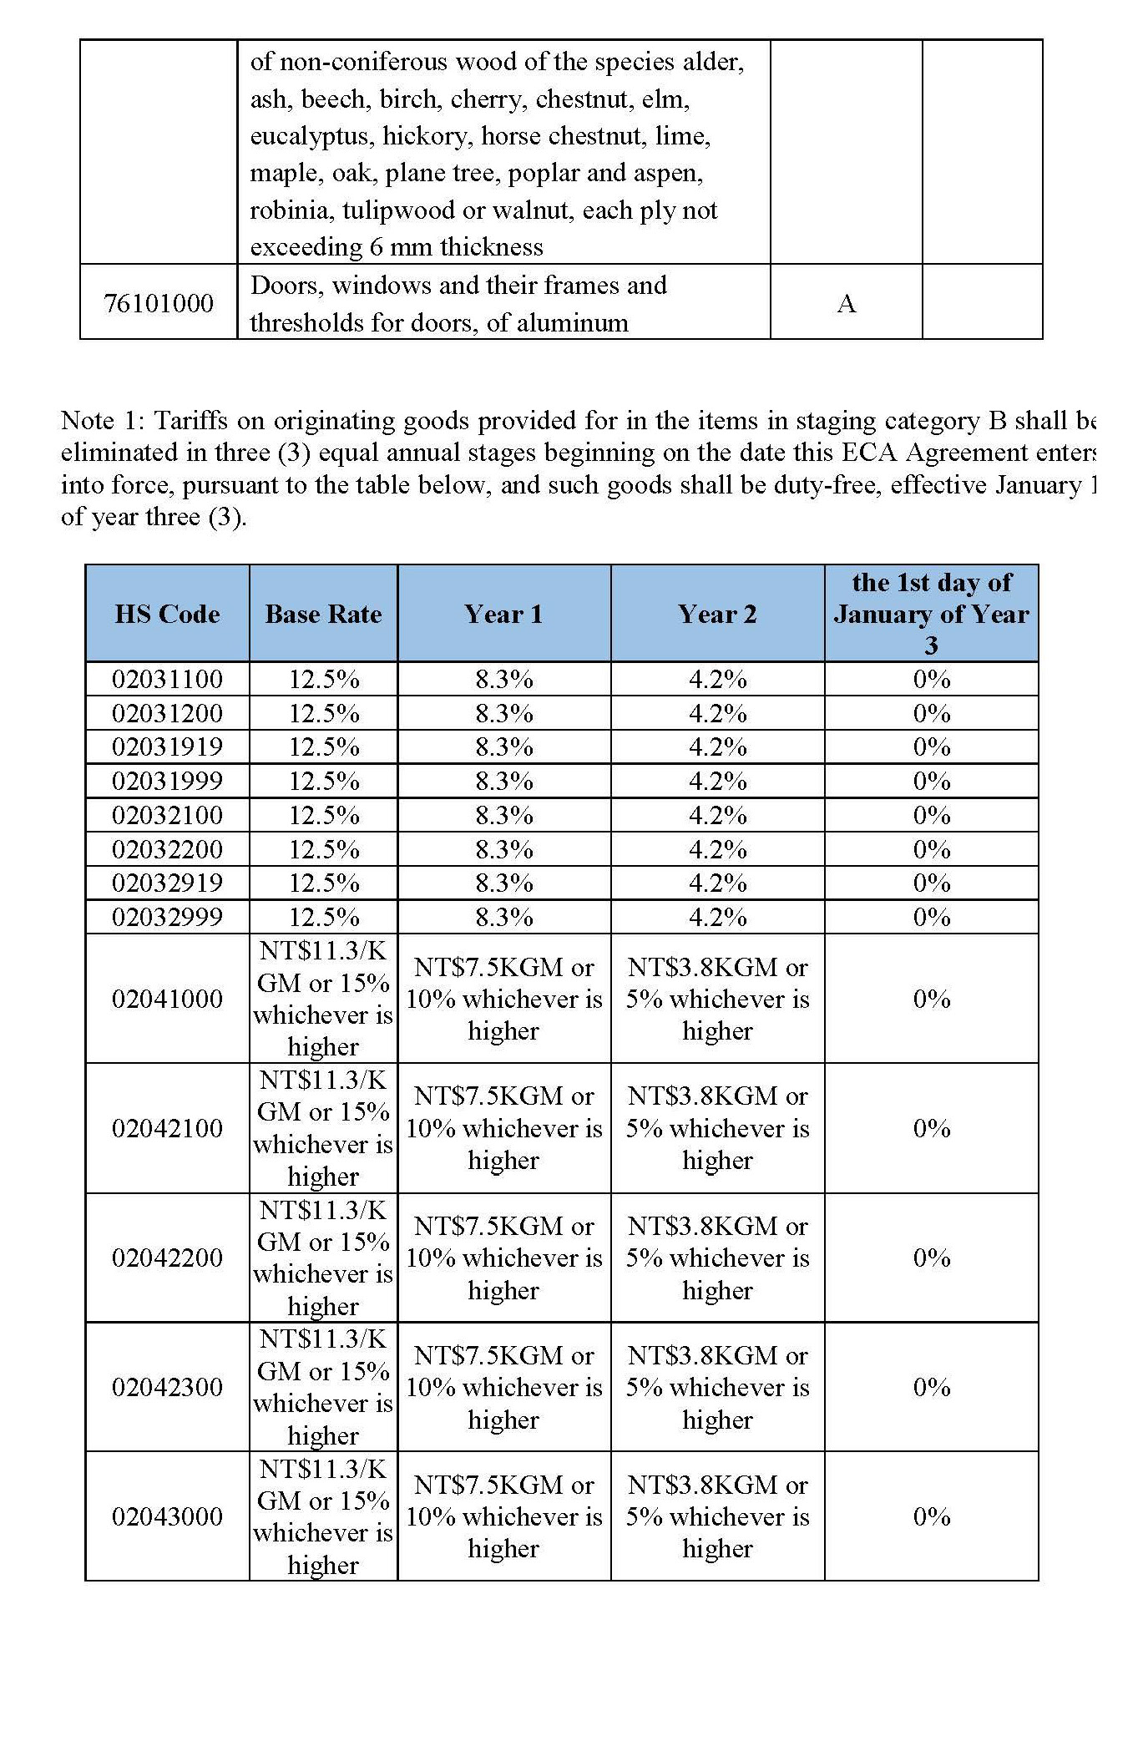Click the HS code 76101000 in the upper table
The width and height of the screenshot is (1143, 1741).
tap(159, 303)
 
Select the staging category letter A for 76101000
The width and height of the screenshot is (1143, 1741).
tap(846, 303)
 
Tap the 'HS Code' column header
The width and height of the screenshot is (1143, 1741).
tap(167, 615)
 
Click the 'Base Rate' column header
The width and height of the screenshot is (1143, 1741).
tap(323, 615)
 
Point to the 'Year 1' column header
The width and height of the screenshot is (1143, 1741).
tap(503, 615)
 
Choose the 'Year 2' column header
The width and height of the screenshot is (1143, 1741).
tap(717, 615)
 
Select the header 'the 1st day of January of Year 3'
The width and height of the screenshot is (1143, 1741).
tap(931, 614)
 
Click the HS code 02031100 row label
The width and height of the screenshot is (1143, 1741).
tap(167, 680)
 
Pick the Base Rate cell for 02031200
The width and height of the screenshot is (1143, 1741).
tap(324, 714)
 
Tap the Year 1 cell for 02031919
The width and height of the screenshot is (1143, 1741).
tap(504, 747)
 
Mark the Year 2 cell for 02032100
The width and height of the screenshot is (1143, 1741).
tap(717, 816)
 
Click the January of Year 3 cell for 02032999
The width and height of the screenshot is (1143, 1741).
tap(932, 918)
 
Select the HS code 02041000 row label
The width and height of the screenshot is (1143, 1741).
tap(167, 999)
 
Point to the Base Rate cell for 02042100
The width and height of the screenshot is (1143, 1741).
tap(323, 1128)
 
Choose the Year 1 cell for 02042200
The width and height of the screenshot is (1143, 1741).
tap(503, 1258)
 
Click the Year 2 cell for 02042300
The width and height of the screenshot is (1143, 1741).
tap(717, 1387)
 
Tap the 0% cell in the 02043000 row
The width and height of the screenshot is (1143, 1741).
tap(932, 1516)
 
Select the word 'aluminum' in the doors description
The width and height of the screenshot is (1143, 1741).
tap(572, 323)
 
